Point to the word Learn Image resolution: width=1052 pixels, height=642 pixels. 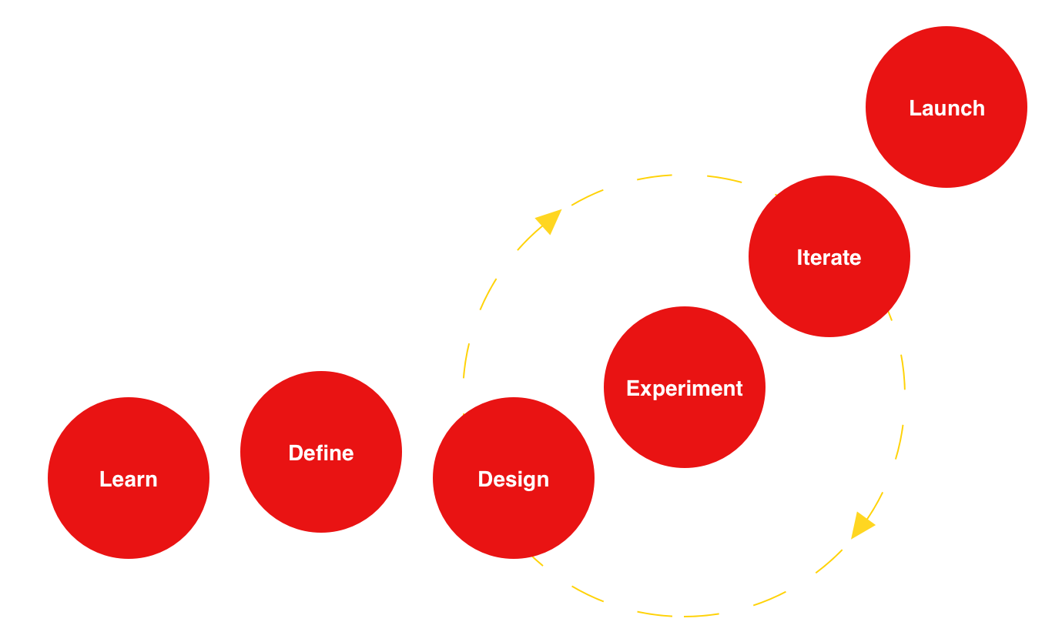point(129,479)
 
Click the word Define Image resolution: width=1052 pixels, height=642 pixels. point(321,453)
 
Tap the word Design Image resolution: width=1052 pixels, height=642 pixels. point(514,479)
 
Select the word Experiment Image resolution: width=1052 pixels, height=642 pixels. point(685,388)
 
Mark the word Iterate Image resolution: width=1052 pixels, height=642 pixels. point(829,257)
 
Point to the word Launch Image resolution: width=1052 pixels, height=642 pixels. point(946,108)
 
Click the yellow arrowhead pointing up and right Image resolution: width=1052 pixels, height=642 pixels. point(549,220)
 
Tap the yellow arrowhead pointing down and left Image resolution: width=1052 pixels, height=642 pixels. point(861,526)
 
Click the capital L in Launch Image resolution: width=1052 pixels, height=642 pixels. point(915,108)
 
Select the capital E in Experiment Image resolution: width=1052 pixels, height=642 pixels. point(632,388)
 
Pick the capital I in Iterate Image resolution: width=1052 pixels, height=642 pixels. point(799,257)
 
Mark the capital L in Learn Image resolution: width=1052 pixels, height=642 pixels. point(105,479)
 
